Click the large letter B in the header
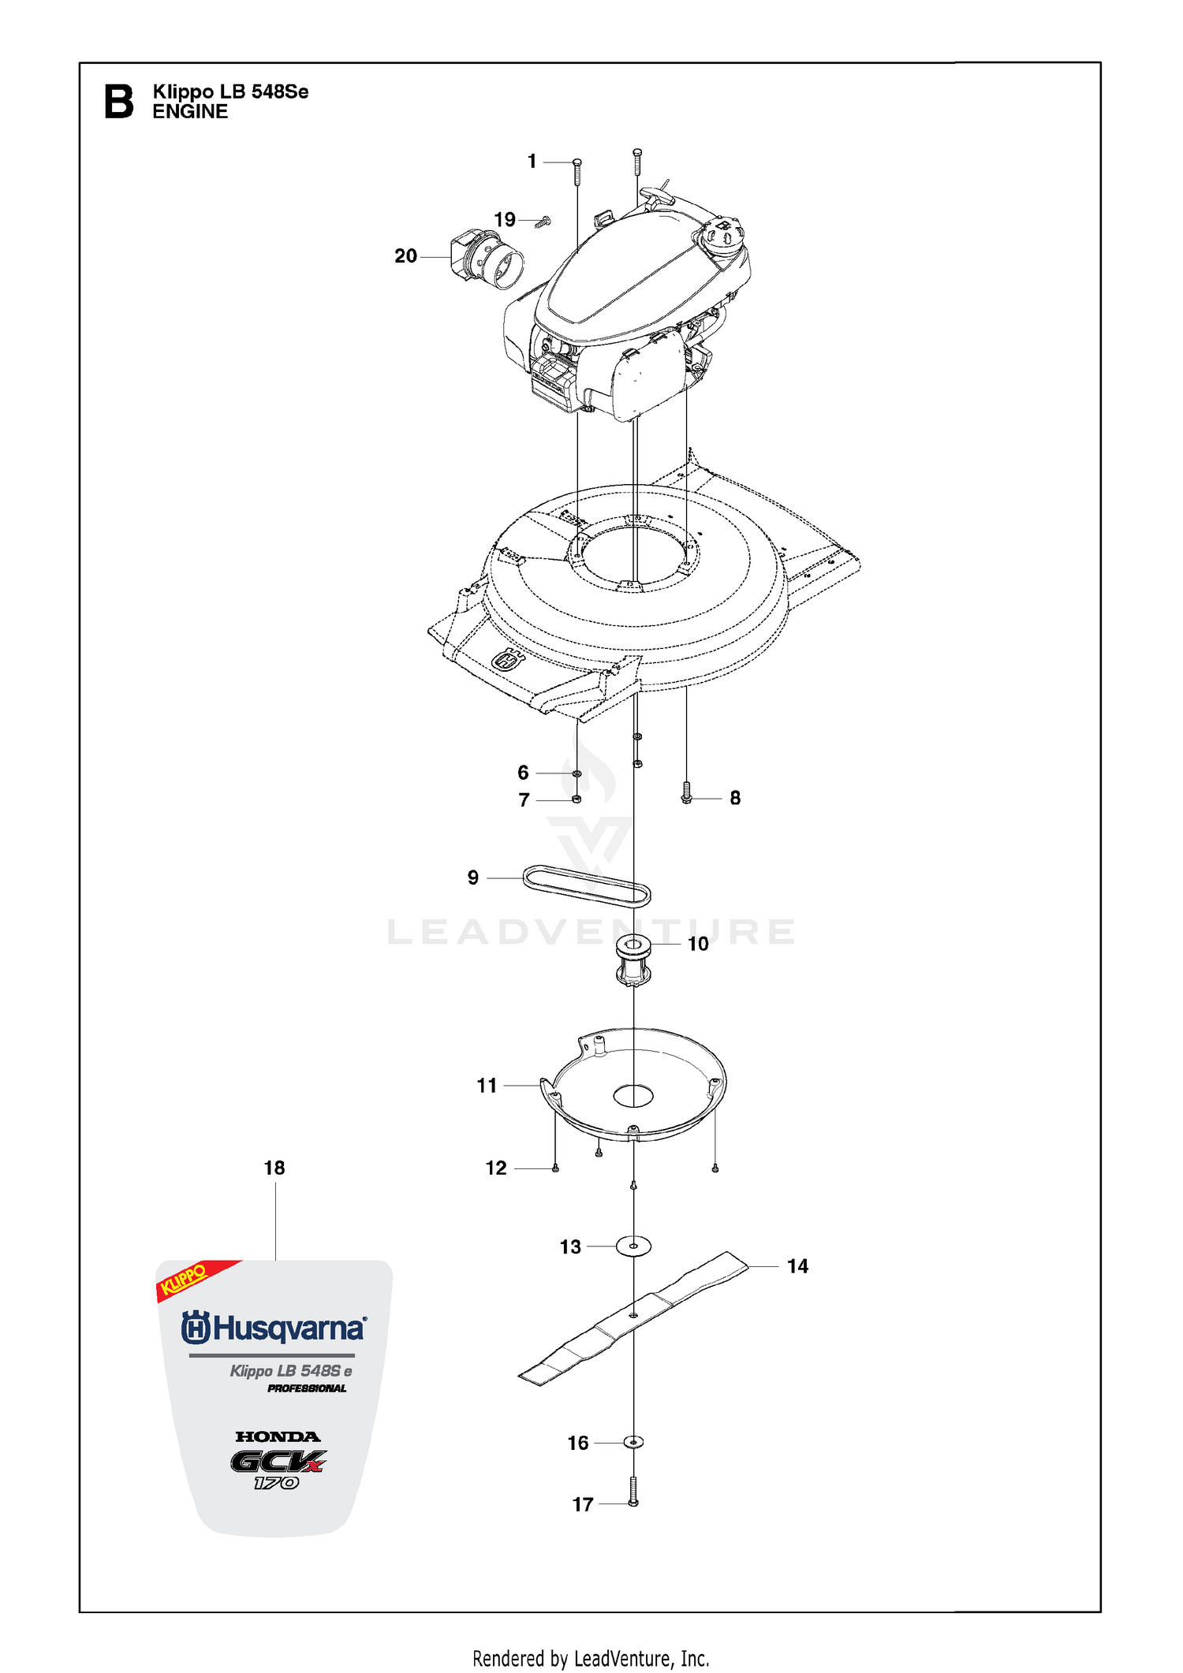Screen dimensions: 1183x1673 coord(119,102)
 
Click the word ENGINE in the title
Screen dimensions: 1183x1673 coord(190,112)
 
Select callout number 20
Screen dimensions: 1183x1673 coord(405,256)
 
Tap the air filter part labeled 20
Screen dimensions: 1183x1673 coord(487,259)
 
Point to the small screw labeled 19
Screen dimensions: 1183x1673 coord(543,222)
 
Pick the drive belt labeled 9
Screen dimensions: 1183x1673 coord(587,885)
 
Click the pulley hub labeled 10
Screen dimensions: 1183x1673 coord(633,960)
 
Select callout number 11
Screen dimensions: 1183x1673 coord(487,1086)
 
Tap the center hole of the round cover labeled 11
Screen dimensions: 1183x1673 coord(633,1095)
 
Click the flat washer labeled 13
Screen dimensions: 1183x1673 coord(633,1246)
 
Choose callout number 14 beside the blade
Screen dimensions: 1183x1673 coord(797,1266)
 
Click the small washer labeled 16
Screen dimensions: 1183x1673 coord(633,1442)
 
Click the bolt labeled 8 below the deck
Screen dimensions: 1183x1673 coord(686,792)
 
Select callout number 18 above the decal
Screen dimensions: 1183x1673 coord(274,1168)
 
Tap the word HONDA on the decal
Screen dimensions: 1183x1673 coord(278,1436)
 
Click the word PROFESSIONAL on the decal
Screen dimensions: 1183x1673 coord(307,1388)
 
